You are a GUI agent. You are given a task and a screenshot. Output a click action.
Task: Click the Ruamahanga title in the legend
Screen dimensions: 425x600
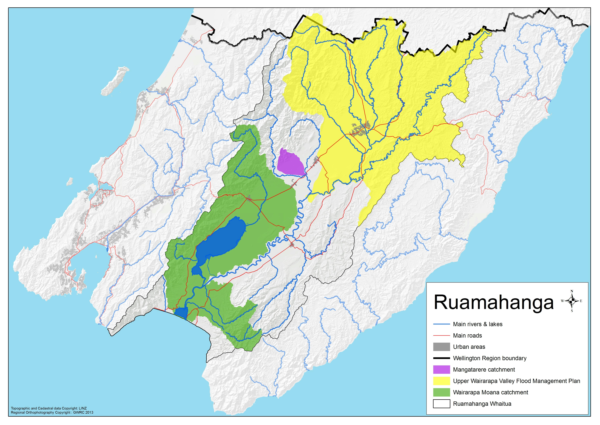point(494,303)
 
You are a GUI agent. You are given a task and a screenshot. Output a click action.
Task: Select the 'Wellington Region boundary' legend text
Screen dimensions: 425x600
point(489,358)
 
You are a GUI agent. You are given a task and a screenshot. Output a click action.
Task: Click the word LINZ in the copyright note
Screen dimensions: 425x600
point(83,408)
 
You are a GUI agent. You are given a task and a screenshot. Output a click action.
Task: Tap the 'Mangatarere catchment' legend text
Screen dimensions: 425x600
point(484,370)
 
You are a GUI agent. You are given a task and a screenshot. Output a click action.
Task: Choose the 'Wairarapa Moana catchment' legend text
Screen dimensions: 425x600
point(491,392)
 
